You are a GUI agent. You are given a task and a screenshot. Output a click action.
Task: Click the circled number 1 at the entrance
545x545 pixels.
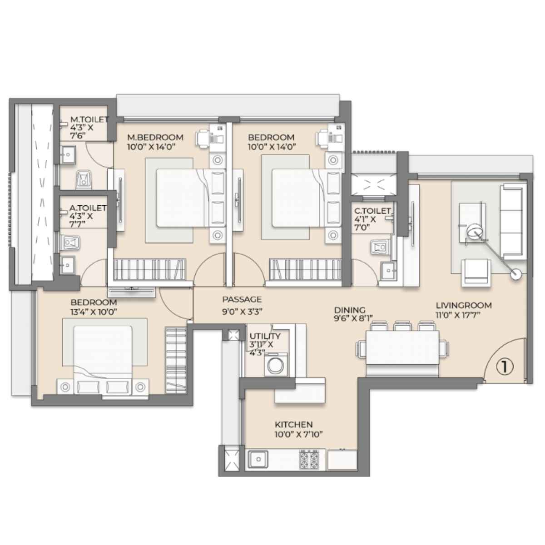pos(505,367)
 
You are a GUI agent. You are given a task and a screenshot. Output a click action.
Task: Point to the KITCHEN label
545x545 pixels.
pos(294,425)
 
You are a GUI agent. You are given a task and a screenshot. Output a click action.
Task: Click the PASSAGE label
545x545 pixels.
pos(242,299)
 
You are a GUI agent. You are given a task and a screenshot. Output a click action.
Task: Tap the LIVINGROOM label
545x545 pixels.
pos(464,306)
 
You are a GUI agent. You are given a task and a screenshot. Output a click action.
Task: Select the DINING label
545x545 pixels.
pos(350,310)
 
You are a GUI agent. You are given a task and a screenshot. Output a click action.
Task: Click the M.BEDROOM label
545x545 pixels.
pos(155,138)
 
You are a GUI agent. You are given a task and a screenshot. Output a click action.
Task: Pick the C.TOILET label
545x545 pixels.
pos(372,211)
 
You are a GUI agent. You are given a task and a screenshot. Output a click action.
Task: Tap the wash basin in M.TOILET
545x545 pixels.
pos(68,155)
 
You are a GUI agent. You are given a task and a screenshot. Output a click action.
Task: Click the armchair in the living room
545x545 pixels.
pos(476,273)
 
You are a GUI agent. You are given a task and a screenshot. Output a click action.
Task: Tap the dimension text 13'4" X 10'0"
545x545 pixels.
pos(94,312)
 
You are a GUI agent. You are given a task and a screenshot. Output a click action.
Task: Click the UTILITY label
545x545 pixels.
pos(265,336)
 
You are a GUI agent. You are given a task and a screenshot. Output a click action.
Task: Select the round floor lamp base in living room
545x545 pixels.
pos(516,274)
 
